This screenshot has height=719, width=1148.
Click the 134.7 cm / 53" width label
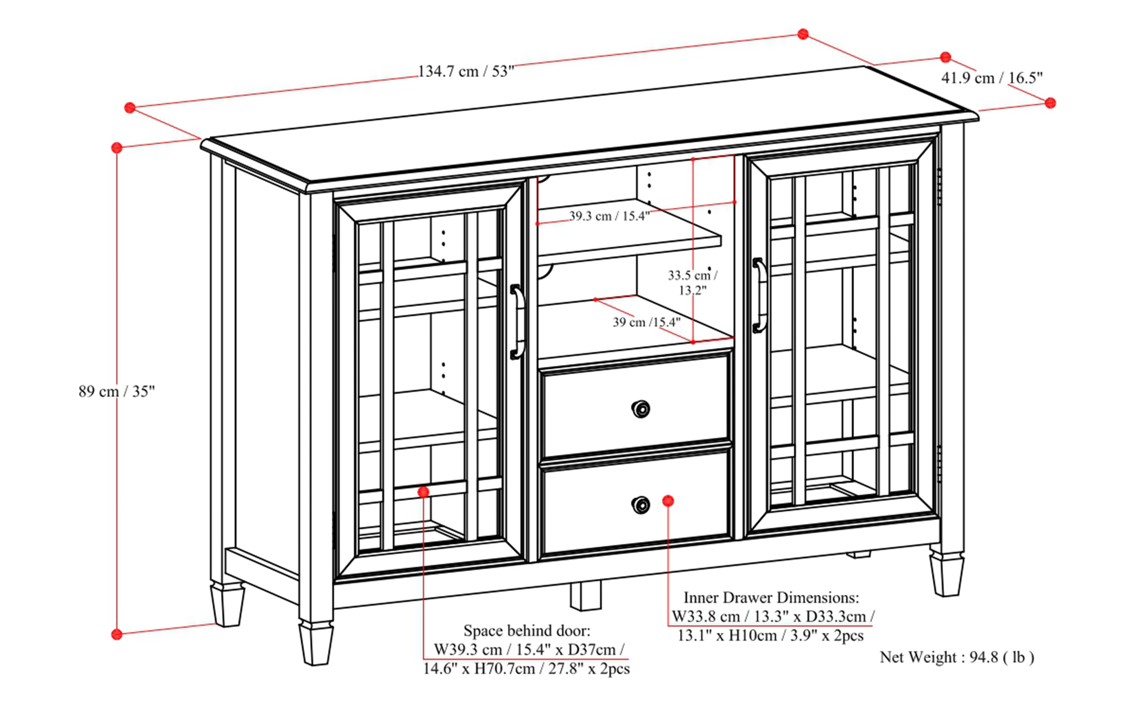(466, 72)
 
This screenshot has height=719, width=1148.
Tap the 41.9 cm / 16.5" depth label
(992, 78)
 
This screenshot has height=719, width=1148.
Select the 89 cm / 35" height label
(116, 391)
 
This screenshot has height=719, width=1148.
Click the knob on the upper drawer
(641, 409)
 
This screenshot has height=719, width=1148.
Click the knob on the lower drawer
(641, 504)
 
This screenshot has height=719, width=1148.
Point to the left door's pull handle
(518, 322)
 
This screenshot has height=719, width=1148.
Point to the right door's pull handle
(759, 295)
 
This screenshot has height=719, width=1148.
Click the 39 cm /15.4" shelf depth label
(646, 323)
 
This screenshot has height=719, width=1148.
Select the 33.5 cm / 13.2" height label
(692, 282)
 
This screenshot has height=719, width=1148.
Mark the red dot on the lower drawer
(668, 501)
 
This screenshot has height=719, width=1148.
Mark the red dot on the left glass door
(423, 492)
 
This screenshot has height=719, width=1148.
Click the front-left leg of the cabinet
(315, 642)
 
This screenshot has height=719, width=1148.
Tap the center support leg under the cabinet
(586, 596)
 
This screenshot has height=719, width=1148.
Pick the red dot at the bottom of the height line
(116, 634)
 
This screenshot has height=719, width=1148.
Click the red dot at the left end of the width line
(130, 108)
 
